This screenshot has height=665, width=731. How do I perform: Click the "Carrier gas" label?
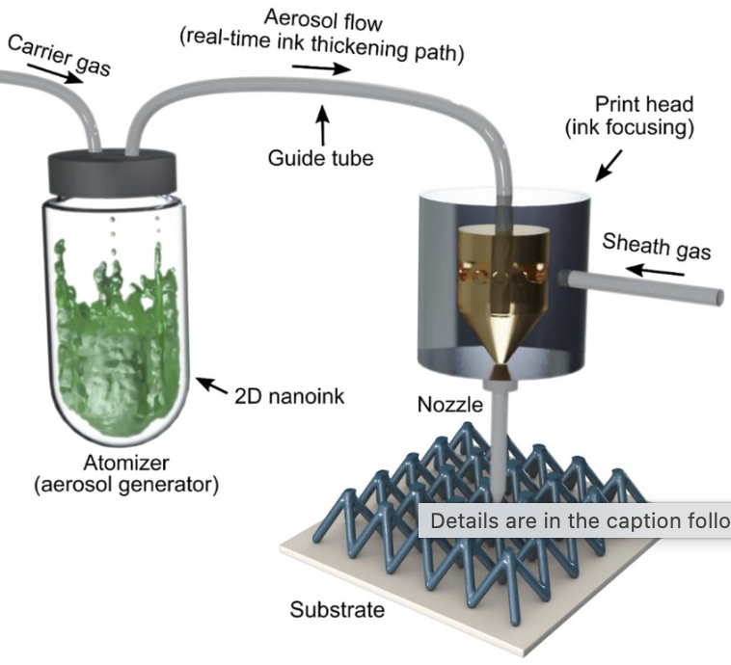coord(59,55)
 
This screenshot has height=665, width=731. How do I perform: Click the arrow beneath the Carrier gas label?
coord(55,74)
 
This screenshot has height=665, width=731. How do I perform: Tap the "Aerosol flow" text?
coord(323,20)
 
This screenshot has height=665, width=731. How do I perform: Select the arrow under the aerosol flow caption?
coord(321,68)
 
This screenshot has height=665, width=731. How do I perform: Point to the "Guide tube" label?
coord(320,158)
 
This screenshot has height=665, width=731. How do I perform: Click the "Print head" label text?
coord(644,104)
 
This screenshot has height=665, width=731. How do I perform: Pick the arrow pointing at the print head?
coord(609,165)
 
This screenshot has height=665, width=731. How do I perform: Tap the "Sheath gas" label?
coord(657,247)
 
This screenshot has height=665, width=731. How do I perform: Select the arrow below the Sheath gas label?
coord(655,271)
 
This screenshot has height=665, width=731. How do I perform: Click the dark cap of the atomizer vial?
coord(113,171)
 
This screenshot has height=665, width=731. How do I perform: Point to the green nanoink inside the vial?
coord(117,340)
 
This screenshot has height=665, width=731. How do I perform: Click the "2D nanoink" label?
coord(289,397)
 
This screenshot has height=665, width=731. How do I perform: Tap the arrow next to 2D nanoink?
coord(212,385)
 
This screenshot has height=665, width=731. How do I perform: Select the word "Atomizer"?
coord(126,463)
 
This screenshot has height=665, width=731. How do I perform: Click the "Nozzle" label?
coord(449,405)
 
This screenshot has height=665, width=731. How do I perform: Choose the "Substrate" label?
coord(338,609)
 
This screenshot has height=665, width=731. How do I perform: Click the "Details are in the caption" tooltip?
coord(575,520)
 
